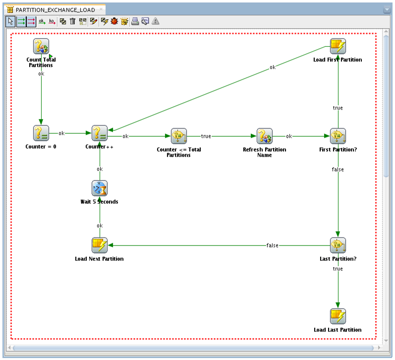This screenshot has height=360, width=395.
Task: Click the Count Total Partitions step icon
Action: (x=41, y=47)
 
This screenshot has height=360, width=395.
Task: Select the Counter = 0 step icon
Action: (x=41, y=133)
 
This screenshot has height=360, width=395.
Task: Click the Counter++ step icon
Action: (x=100, y=133)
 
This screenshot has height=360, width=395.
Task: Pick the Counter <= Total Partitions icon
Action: (x=179, y=136)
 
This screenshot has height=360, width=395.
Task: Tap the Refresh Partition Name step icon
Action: (x=265, y=136)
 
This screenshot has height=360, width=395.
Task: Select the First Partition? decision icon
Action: (x=338, y=136)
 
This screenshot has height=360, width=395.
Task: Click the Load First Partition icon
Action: (x=338, y=47)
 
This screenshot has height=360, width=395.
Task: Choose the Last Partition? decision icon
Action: (x=338, y=245)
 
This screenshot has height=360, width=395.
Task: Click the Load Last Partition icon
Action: (x=338, y=316)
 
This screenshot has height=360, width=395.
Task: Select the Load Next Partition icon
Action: (x=100, y=245)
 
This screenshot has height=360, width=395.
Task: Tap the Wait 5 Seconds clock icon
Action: (x=100, y=188)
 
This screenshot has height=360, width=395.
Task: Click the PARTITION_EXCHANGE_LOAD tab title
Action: (x=55, y=9)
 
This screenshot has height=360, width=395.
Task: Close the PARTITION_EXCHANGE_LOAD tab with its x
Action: (x=101, y=9)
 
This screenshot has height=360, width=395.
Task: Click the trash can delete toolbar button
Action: (x=73, y=21)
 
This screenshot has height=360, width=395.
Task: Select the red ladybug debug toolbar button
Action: (x=114, y=21)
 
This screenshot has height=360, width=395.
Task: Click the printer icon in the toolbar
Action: (x=135, y=21)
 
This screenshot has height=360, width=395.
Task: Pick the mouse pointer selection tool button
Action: (x=10, y=21)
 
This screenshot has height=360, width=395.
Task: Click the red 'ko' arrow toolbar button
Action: (x=52, y=21)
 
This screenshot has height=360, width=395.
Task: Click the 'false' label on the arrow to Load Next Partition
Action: (x=272, y=245)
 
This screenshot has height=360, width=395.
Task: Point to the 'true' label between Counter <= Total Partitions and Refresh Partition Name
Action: (x=206, y=136)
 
